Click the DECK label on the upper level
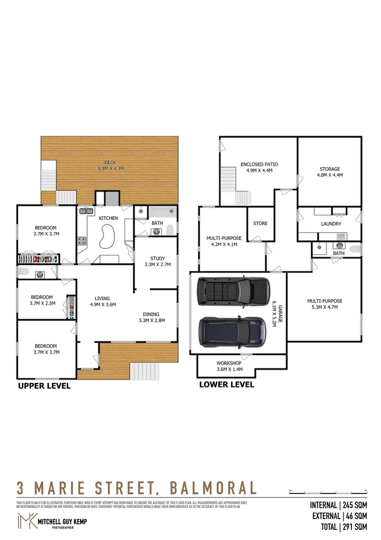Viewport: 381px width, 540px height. click(x=110, y=162)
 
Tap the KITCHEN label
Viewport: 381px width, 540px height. click(x=108, y=218)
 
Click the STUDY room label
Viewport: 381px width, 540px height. click(x=157, y=258)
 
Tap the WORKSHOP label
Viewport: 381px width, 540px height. click(x=229, y=363)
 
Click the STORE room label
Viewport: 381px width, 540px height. click(x=260, y=223)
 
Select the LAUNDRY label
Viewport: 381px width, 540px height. click(x=331, y=224)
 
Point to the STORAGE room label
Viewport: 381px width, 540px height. click(x=330, y=169)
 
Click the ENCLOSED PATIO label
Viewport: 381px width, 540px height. click(x=259, y=164)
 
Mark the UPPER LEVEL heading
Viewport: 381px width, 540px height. click(x=44, y=386)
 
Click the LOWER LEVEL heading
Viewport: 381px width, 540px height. click(x=226, y=384)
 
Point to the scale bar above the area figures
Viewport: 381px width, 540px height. click(x=328, y=490)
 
